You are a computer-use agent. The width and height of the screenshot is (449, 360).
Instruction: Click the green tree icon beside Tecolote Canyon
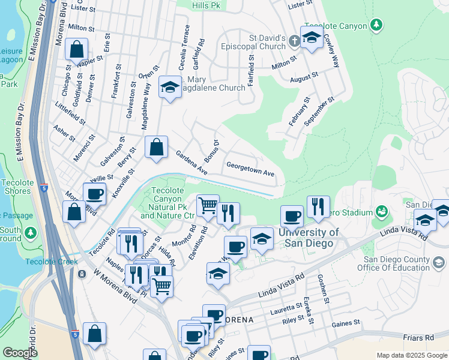pyautogui.click(x=376, y=25)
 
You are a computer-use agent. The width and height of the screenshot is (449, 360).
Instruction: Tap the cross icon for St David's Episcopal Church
pyautogui.click(x=294, y=41)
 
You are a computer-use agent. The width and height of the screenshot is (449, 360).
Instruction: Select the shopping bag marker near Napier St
pyautogui.click(x=77, y=50)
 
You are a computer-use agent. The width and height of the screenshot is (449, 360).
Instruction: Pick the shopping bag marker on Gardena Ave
pyautogui.click(x=156, y=146)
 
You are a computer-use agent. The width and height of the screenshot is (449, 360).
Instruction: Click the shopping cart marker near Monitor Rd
pyautogui.click(x=208, y=206)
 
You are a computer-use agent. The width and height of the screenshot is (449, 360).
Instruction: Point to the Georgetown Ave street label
pyautogui.click(x=250, y=169)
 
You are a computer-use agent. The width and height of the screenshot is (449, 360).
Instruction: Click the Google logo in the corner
pyautogui.click(x=20, y=352)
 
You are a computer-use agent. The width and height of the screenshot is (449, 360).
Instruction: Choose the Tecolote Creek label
pyautogui.click(x=52, y=261)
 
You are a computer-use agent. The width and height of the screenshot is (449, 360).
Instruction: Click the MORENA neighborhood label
pyautogui.click(x=239, y=319)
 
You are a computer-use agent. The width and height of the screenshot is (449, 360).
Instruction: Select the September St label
pyautogui.click(x=319, y=111)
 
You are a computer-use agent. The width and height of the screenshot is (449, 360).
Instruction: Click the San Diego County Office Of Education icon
pyautogui.click(x=439, y=262)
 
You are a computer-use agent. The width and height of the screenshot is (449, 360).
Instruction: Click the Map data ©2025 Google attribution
pyautogui.click(x=412, y=355)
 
